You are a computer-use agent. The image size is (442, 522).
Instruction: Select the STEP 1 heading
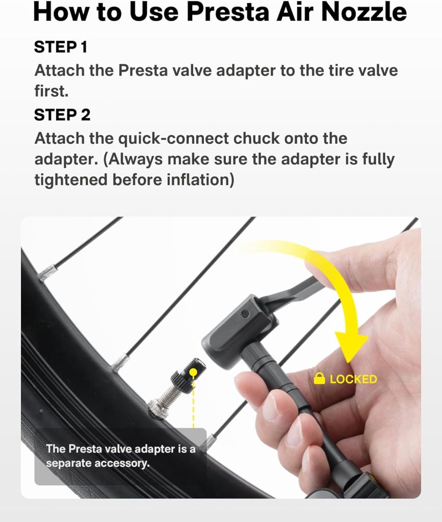point(61,47)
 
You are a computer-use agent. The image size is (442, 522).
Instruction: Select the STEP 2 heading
point(62,115)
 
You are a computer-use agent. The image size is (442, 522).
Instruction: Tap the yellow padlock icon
point(320,378)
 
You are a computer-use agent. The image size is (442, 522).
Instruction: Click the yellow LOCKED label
point(353,379)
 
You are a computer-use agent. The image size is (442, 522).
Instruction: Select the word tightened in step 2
point(70,179)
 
